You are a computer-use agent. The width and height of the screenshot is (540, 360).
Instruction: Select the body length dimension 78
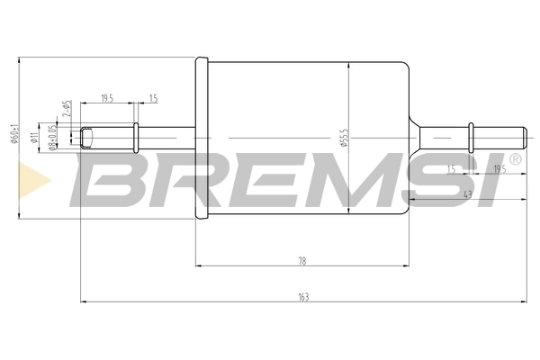[x=302, y=260]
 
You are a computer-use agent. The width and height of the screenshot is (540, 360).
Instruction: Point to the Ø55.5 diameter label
[x=344, y=138]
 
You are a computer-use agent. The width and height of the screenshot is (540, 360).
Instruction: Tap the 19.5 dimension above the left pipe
[x=107, y=98]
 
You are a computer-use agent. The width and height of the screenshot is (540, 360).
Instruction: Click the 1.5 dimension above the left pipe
[x=153, y=98]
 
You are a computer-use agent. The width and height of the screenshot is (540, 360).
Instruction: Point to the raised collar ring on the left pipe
[x=136, y=138]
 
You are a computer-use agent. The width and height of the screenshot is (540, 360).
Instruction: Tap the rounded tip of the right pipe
[x=522, y=138]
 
